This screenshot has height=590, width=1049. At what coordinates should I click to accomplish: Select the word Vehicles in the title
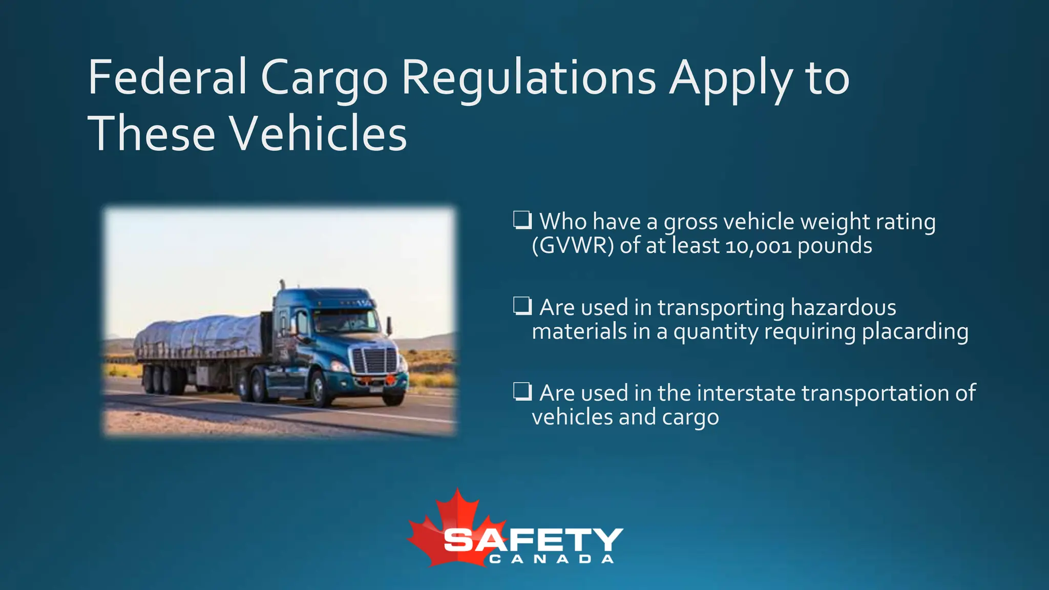[x=318, y=134]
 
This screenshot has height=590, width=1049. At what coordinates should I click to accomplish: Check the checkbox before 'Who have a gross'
[x=522, y=220]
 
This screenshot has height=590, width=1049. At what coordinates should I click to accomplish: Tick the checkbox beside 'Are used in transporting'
[x=522, y=306]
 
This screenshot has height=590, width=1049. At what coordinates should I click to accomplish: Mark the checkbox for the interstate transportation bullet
[x=522, y=392]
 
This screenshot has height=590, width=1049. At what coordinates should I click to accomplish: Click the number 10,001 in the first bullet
[x=759, y=246]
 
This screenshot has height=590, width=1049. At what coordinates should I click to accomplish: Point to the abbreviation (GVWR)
[x=573, y=246]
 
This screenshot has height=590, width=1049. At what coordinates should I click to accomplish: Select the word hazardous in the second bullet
[x=843, y=308]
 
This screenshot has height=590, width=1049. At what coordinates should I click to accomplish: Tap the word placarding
[x=915, y=332]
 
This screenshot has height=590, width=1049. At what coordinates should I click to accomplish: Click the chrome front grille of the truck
[x=375, y=361]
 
